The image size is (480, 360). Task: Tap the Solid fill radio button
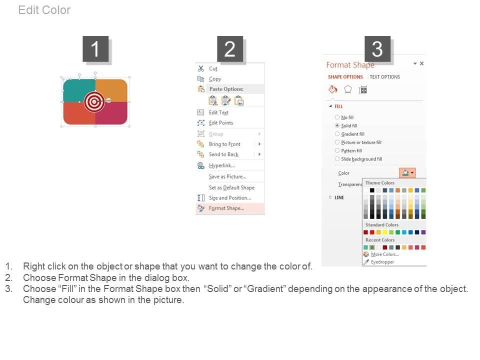pos(337,125)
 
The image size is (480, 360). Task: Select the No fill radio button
pos(337,117)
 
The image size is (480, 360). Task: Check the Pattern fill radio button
pos(337,150)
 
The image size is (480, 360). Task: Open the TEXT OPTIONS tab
pos(384,77)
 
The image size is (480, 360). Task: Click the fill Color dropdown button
pos(407,172)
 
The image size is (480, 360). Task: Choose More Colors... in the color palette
pos(385,254)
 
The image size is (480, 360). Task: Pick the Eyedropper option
pos(382,262)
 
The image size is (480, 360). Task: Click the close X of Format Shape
pos(422,63)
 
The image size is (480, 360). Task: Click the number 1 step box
pos(95,48)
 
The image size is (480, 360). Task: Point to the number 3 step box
pos(377,48)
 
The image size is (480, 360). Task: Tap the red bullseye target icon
pos(94,101)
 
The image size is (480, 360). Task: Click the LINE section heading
pos(339,198)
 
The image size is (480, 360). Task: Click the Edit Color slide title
pos(44,10)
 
